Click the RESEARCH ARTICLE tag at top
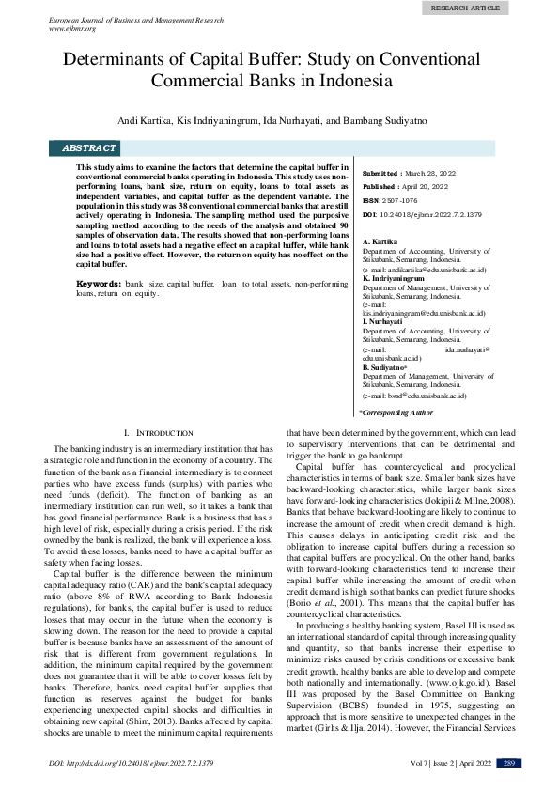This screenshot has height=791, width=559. tap(466, 8)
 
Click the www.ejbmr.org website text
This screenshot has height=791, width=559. tap(73, 28)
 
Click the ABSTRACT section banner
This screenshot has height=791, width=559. tap(89, 148)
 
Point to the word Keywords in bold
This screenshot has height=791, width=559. tap(98, 283)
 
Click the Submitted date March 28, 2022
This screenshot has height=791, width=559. tap(429, 174)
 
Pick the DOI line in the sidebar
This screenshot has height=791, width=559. tap(422, 214)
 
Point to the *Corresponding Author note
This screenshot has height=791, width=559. tap(396, 411)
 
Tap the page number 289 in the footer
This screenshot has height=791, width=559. tap(508, 763)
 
